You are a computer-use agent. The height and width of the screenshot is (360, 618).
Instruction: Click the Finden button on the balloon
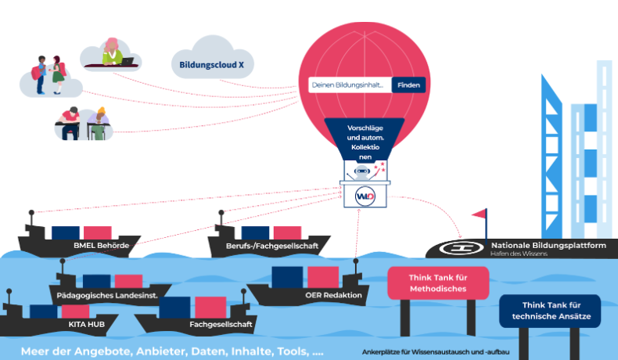pos(408,85)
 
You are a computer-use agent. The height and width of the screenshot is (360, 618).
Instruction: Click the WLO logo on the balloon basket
pos(365,194)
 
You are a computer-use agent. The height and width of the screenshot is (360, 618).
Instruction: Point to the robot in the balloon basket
pos(362,171)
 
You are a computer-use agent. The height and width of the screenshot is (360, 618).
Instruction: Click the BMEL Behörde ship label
pos(101,246)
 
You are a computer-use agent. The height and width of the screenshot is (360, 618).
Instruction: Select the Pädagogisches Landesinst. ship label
pos(109,294)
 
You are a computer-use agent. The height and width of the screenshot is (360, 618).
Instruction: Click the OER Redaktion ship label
pos(333,295)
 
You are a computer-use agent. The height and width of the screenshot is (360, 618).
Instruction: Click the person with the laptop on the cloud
pos(113,51)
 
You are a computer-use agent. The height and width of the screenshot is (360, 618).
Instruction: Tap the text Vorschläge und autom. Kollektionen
pos(365,142)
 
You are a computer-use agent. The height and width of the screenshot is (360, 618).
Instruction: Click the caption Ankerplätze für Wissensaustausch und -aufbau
pos(437,351)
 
